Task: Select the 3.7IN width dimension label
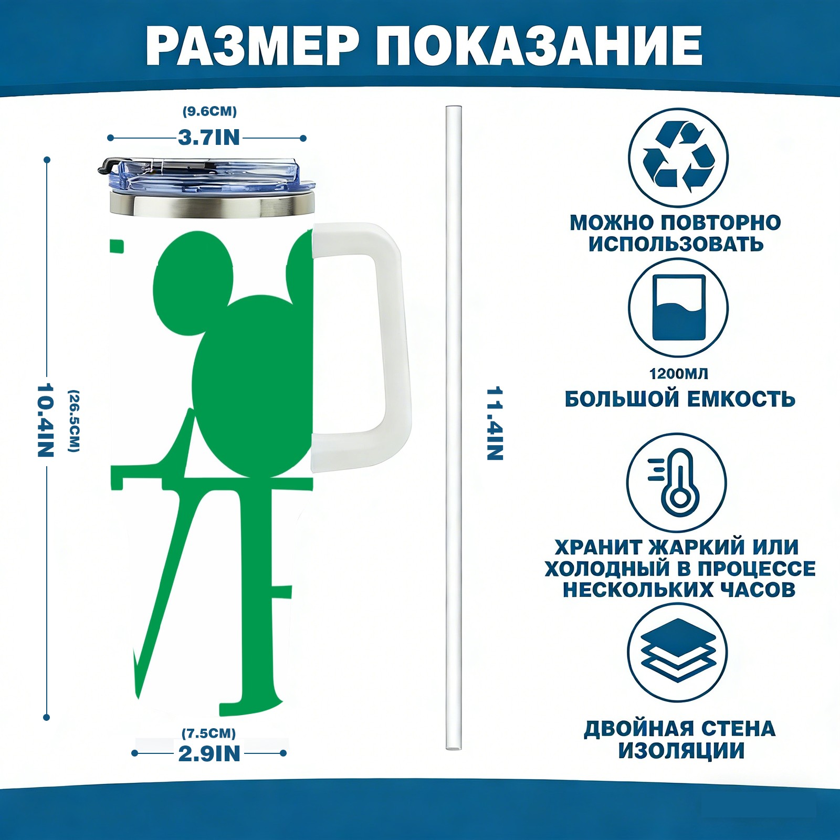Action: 209,138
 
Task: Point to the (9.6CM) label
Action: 209,111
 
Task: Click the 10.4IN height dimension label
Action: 46,420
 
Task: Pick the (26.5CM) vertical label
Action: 74,421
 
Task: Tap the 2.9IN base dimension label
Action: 209,754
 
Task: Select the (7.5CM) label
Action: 209,733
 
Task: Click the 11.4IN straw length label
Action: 495,424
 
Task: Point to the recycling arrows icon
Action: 679,156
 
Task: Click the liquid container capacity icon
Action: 678,307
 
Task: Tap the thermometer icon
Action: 677,482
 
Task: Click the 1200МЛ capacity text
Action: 678,374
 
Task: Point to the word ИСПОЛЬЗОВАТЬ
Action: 676,244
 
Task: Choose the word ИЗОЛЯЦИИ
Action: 681,751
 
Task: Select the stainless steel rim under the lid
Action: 212,205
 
